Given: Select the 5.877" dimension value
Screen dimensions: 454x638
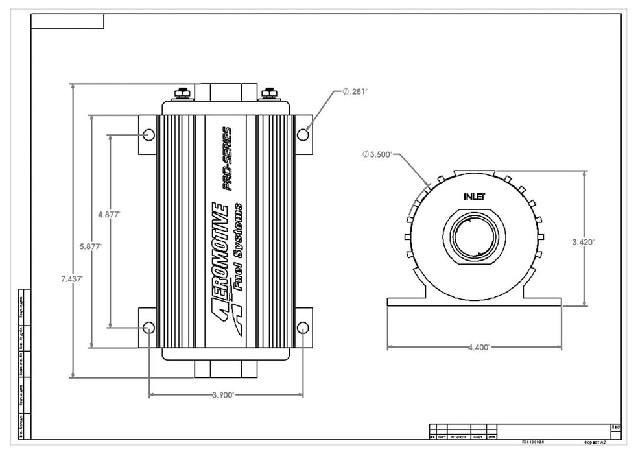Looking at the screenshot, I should point(91,246).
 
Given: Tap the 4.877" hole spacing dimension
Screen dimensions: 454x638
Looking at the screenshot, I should point(109,213).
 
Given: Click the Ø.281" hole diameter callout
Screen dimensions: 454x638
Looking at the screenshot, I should point(355,92).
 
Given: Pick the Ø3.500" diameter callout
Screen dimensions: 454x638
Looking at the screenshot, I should point(378,154).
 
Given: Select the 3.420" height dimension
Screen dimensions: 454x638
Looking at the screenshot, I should point(584,241).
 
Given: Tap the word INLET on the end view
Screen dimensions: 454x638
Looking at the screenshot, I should point(475,196).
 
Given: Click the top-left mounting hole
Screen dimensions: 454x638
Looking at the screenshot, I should point(149,134).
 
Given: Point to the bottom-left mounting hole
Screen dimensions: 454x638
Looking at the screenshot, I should point(149,327).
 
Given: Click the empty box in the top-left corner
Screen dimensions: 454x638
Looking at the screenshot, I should point(67,21).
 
